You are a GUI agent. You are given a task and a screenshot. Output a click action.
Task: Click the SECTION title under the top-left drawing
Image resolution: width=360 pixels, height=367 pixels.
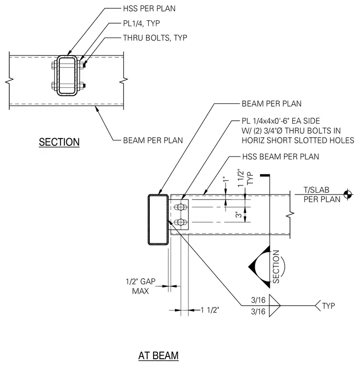[x=59, y=142]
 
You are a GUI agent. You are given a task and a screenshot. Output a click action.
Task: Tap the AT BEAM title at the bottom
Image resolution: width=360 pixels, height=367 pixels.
[x=158, y=355]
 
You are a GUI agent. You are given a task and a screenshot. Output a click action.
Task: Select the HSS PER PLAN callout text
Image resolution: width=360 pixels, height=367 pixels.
[x=149, y=8]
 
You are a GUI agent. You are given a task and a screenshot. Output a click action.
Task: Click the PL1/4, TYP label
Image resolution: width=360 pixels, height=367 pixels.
[x=142, y=23]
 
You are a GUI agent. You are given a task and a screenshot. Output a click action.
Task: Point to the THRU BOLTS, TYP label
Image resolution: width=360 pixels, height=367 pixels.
[x=155, y=38]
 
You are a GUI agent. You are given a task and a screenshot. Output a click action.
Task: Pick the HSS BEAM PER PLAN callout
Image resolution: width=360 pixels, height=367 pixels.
[x=281, y=156]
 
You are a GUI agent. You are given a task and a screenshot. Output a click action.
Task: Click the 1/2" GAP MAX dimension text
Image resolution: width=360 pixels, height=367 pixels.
[x=141, y=286]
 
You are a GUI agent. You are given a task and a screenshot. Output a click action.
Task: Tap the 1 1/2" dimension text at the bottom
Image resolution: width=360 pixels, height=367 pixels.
[x=210, y=310]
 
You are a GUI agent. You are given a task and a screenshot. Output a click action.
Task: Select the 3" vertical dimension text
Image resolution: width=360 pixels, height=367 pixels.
[x=238, y=214]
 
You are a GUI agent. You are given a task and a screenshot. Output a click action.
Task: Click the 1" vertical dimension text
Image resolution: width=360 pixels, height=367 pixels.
[x=226, y=180]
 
